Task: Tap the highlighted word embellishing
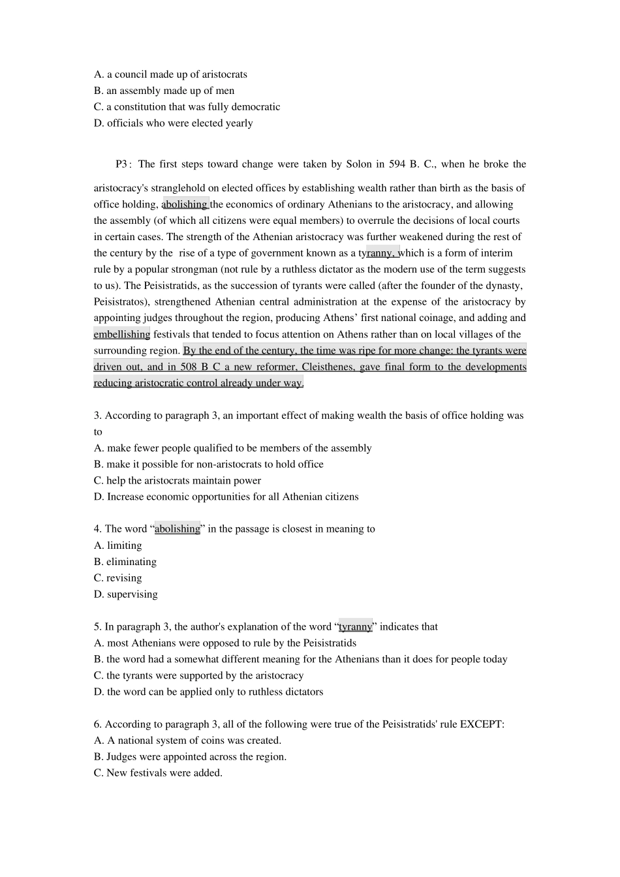[x=122, y=334]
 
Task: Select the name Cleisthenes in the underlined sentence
[x=328, y=367]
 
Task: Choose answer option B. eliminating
[x=125, y=562]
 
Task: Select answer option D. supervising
[x=126, y=594]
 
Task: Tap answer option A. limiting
[x=118, y=546]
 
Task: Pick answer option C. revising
[x=118, y=578]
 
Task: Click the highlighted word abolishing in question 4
[x=178, y=529]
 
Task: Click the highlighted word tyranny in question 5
[x=355, y=627]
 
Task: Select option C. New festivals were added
[x=158, y=773]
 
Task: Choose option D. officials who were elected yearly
[x=174, y=123]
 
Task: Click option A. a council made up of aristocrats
[x=170, y=74]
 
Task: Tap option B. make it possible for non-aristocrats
[x=209, y=465]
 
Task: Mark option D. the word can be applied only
[x=209, y=692]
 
